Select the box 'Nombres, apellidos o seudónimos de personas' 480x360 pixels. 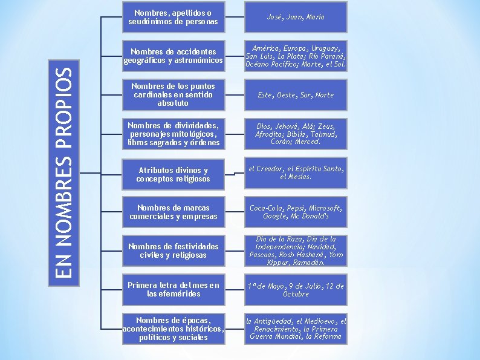pos(173,17)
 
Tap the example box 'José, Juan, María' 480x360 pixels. pos(296,17)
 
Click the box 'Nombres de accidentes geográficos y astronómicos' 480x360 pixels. pos(173,56)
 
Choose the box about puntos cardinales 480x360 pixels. pos(173,95)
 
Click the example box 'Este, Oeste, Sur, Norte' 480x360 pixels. pos(296,95)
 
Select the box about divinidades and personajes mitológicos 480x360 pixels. pos(173,134)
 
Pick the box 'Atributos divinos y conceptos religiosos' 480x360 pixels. pos(173,174)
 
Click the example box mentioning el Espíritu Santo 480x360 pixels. pos(296,173)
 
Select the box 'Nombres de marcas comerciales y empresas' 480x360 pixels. pos(173,212)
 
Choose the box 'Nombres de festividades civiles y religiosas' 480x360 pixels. pos(173,251)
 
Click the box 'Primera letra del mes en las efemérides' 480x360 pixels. pos(173,290)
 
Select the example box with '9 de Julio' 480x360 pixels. pos(296,290)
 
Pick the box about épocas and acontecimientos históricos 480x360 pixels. pos(173,329)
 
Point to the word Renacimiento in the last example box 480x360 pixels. pos(281,329)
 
